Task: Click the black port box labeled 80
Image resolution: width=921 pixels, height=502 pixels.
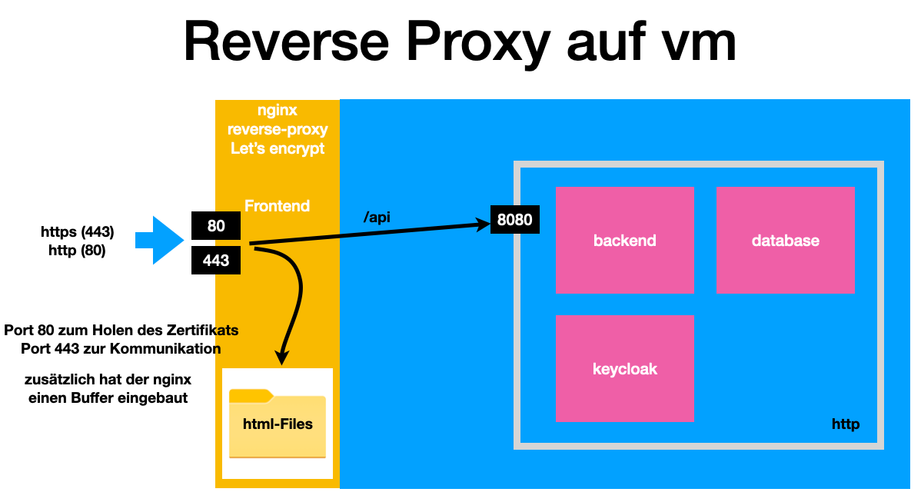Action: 216,227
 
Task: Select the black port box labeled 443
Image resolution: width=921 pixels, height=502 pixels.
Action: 216,261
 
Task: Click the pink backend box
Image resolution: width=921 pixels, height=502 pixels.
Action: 624,240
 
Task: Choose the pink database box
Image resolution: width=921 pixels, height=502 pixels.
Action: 785,240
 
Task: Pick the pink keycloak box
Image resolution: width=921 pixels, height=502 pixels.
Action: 624,368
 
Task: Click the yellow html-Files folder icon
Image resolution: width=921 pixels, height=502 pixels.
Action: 277,424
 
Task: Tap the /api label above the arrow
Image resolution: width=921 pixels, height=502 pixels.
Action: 377,218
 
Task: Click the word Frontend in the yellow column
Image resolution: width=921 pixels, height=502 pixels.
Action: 277,206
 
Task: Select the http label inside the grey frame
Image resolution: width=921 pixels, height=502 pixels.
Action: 846,424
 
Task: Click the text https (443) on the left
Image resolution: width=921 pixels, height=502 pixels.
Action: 78,231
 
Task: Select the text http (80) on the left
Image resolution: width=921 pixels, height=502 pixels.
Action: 77,250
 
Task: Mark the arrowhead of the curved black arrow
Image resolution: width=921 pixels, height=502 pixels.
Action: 282,357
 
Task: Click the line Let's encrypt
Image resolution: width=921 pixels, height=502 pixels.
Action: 278,148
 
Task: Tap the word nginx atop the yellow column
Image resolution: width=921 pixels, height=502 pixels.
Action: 278,111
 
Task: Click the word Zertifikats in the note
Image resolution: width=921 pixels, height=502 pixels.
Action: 201,331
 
